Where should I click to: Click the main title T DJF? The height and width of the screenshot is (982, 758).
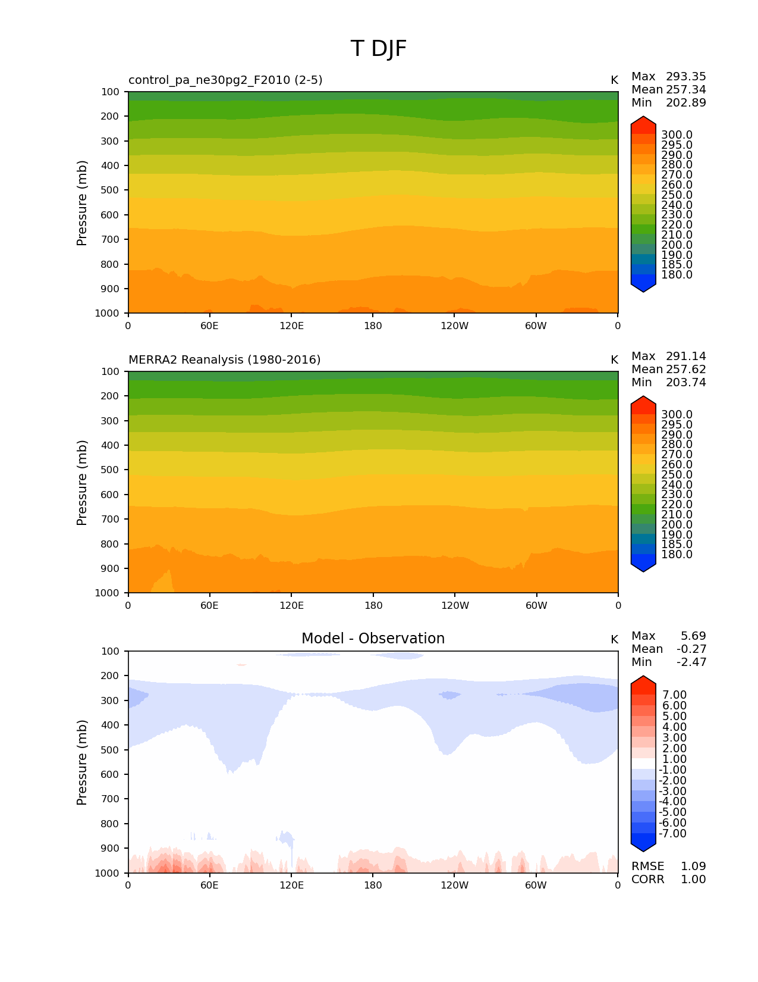point(379,49)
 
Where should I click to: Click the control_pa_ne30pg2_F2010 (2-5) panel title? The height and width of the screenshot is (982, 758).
point(225,80)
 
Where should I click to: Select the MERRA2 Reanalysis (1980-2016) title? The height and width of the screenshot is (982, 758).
point(224,360)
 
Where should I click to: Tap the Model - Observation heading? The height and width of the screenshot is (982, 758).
point(373,639)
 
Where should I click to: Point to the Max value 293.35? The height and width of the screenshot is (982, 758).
point(685,77)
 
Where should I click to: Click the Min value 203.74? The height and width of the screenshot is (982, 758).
point(685,383)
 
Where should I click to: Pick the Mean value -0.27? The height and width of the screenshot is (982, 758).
point(691,649)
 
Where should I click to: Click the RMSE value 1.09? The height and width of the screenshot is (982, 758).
point(693,867)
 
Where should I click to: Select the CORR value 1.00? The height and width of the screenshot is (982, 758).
point(693,880)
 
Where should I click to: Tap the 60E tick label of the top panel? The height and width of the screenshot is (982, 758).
point(209,326)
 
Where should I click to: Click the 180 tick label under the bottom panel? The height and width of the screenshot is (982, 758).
point(373,886)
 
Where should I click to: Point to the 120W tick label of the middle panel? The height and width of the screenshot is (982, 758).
point(455,606)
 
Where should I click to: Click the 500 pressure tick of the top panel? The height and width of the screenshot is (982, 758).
point(111,190)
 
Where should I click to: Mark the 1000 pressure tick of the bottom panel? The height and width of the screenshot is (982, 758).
point(108,873)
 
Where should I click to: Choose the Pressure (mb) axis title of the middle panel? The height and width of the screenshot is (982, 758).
point(82,483)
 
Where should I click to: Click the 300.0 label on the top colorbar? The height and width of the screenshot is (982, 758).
point(677,135)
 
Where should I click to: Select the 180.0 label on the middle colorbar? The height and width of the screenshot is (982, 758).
point(677,555)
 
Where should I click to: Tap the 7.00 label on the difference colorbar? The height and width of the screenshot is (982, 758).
point(675,695)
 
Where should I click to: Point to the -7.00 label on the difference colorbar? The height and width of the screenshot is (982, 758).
point(673,834)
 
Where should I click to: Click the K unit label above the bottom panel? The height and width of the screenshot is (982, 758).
point(614,640)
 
